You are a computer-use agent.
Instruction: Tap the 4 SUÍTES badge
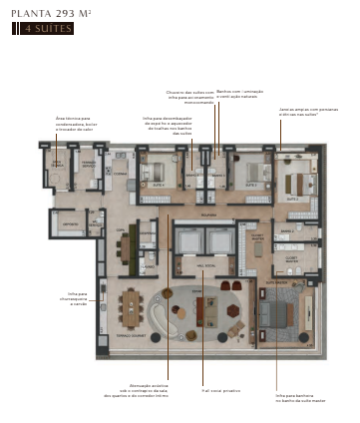(x=45, y=28)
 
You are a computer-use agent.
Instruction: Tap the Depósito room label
(x=70, y=223)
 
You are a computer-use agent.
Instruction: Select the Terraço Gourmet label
(x=133, y=336)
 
